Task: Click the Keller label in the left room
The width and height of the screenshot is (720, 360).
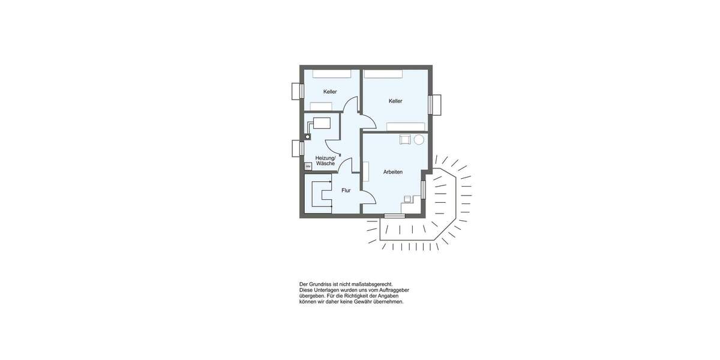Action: point(330,92)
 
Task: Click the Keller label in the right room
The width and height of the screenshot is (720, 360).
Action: point(395,101)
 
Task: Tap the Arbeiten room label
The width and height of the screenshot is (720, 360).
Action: point(393,172)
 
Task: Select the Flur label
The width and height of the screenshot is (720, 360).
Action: point(346,190)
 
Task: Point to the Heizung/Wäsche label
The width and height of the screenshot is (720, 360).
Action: point(325,160)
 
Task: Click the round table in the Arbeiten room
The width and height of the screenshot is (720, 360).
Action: point(419,140)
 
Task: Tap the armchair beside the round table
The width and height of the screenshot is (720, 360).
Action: point(405,140)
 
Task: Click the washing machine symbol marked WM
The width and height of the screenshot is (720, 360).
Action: point(308,166)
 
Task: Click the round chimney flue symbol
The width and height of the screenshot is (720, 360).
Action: point(308,137)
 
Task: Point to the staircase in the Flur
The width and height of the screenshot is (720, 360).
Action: point(319,193)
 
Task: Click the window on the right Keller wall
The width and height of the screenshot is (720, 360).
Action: point(434,104)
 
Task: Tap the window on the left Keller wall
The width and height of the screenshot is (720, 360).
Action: point(296,91)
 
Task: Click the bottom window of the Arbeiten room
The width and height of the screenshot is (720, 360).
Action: point(394,215)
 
